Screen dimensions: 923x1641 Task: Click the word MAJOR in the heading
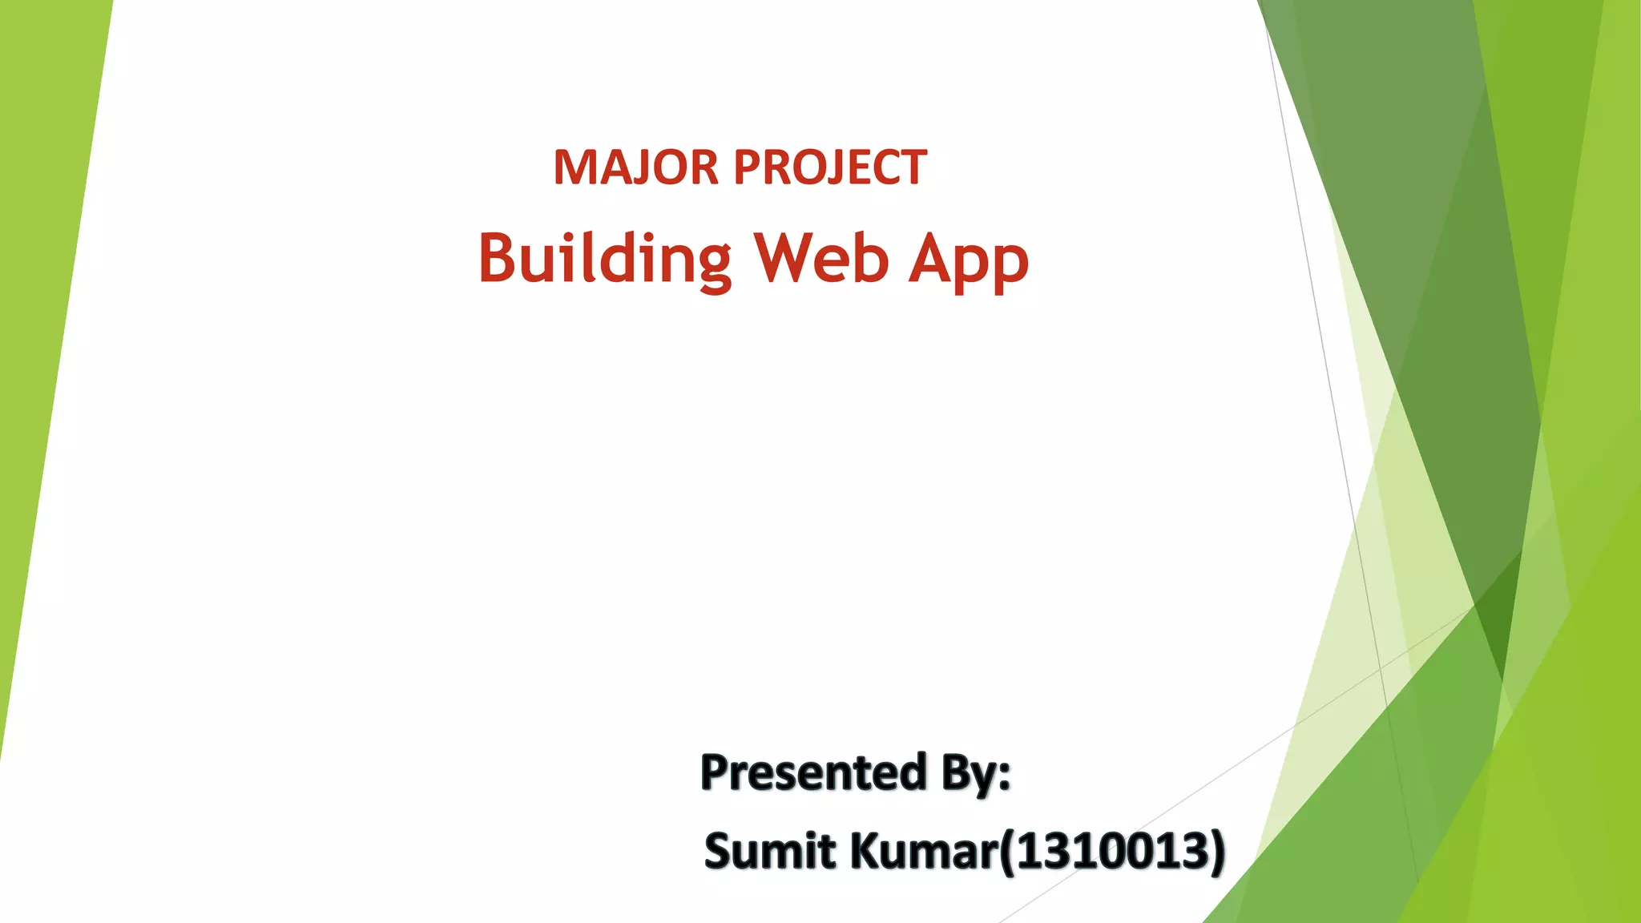tap(635, 167)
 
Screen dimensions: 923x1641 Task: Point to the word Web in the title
tap(822, 259)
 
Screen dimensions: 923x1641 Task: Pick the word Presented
tap(813, 772)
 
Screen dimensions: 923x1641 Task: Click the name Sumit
tap(770, 851)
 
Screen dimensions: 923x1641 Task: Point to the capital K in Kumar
tap(867, 851)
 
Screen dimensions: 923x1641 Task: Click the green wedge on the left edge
tap(40, 320)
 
